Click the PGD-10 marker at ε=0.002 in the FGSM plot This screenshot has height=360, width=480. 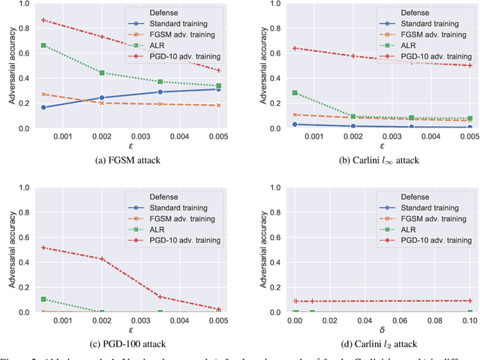(x=102, y=36)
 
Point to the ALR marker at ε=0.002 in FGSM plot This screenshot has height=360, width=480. (x=102, y=73)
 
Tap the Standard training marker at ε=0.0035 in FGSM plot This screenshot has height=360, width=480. (x=160, y=91)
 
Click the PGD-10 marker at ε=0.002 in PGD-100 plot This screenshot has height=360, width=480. (x=102, y=259)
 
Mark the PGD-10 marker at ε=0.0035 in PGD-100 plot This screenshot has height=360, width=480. (x=160, y=297)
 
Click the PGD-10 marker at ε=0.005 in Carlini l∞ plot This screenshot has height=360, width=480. (x=470, y=65)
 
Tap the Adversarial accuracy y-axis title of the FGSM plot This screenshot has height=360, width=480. (x=8, y=65)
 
